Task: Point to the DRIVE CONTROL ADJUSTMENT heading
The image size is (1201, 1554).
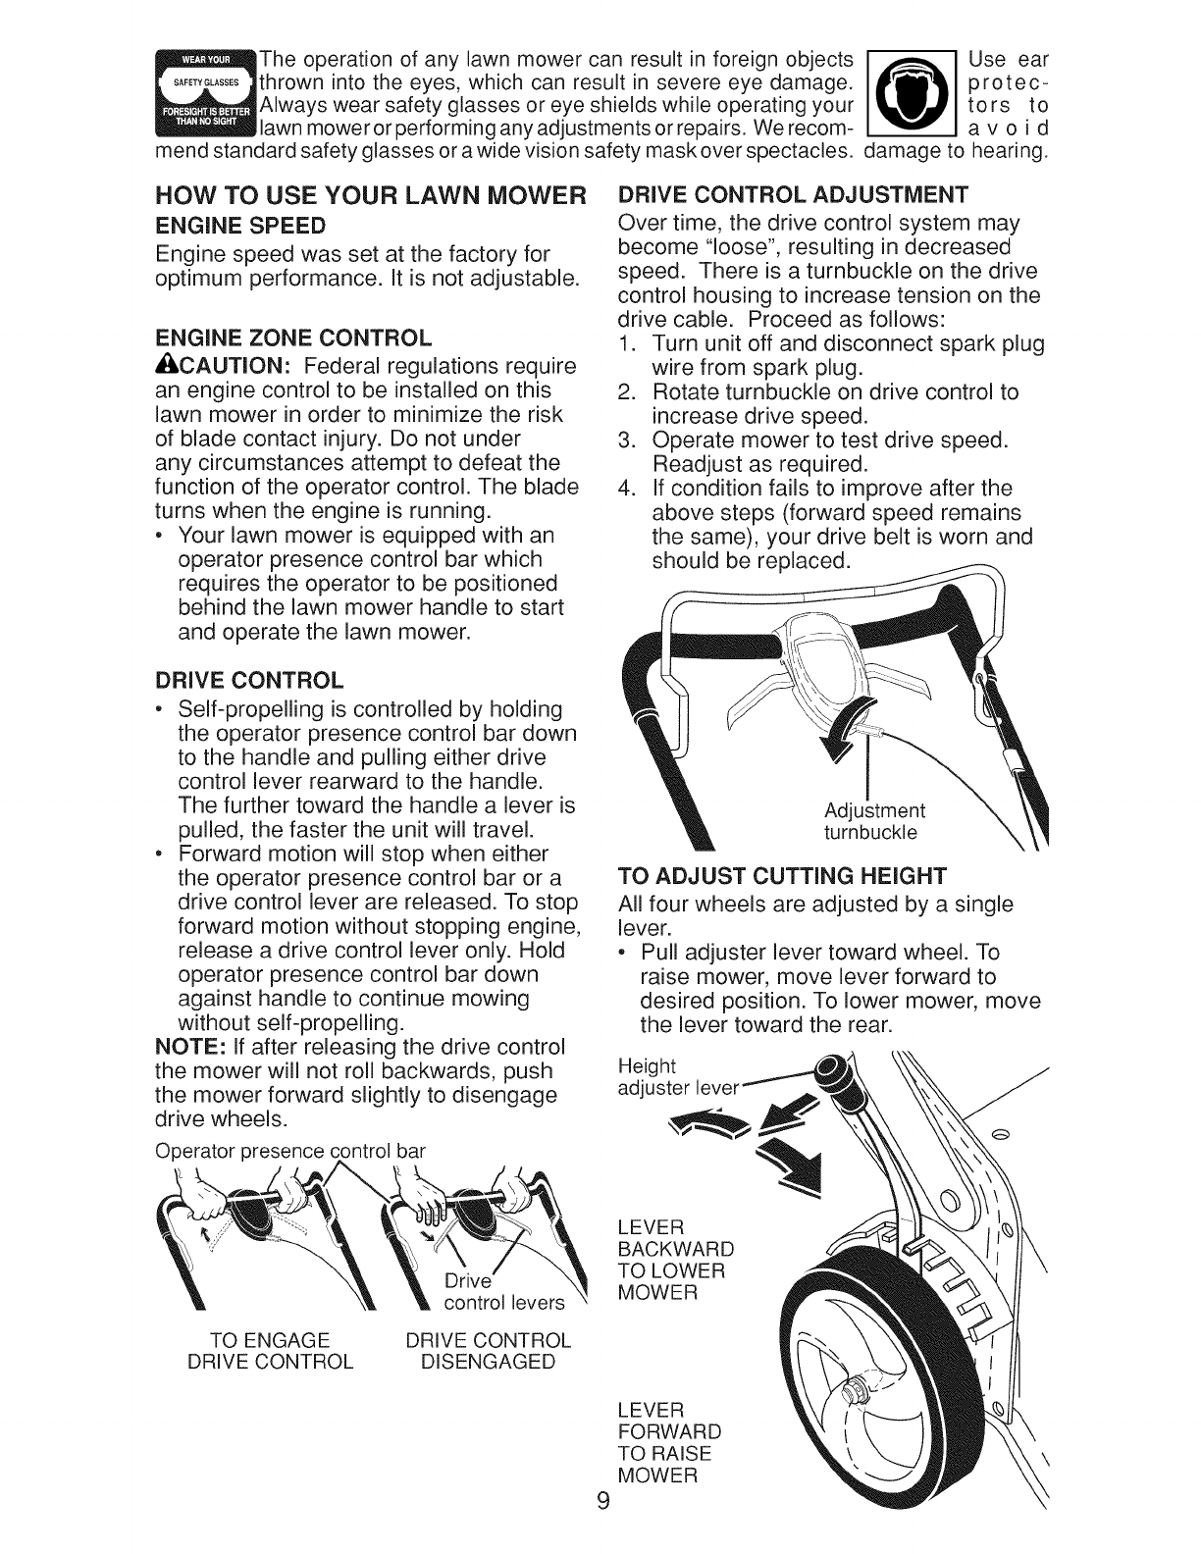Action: click(793, 193)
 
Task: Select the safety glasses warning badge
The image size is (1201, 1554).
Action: click(205, 93)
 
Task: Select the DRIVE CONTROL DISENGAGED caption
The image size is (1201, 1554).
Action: click(488, 1352)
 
